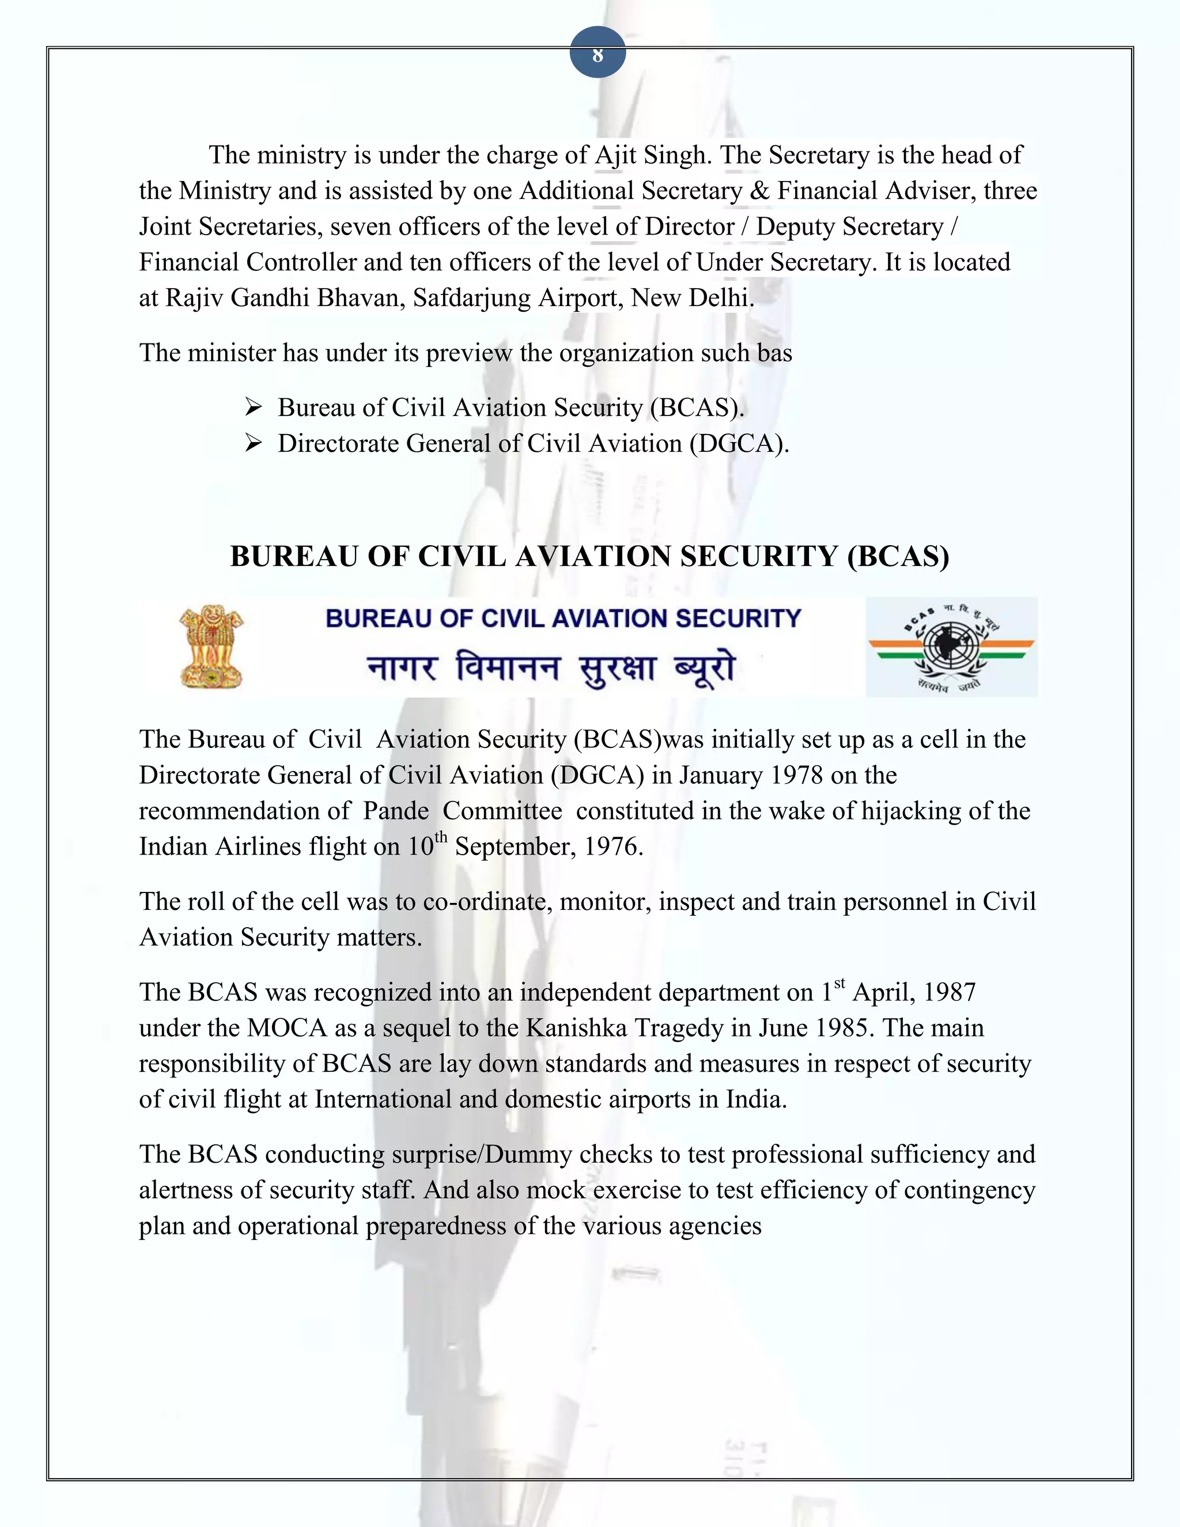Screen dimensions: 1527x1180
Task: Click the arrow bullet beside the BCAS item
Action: pyautogui.click(x=253, y=407)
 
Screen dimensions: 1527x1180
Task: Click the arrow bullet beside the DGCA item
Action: pyautogui.click(x=253, y=443)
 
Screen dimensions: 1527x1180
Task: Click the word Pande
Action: pyautogui.click(x=396, y=811)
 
